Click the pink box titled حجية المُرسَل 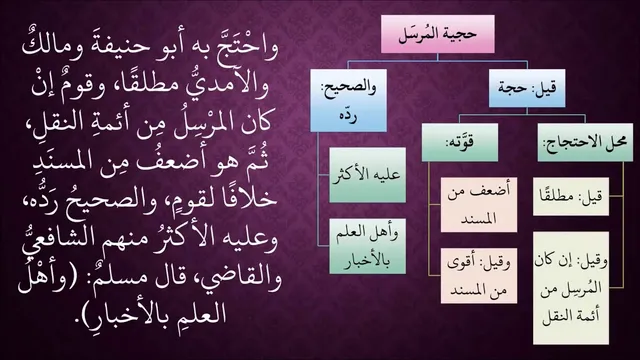[x=438, y=34]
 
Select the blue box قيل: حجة [x=527, y=88]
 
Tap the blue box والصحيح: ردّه [x=348, y=100]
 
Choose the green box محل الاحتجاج [x=585, y=142]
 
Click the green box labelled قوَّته [x=460, y=142]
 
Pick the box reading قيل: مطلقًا [x=571, y=196]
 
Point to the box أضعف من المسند [x=478, y=204]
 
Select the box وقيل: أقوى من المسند [x=478, y=276]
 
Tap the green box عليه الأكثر [x=367, y=175]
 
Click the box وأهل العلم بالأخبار [x=367, y=246]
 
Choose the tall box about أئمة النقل [x=571, y=288]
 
